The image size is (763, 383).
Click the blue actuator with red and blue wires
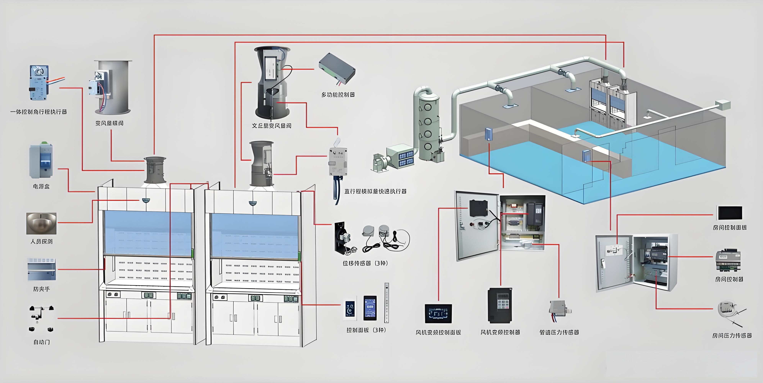click(x=38, y=83)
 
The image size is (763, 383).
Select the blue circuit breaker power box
click(x=41, y=161)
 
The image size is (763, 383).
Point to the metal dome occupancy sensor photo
click(x=41, y=223)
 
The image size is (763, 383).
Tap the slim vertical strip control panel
click(x=386, y=302)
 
